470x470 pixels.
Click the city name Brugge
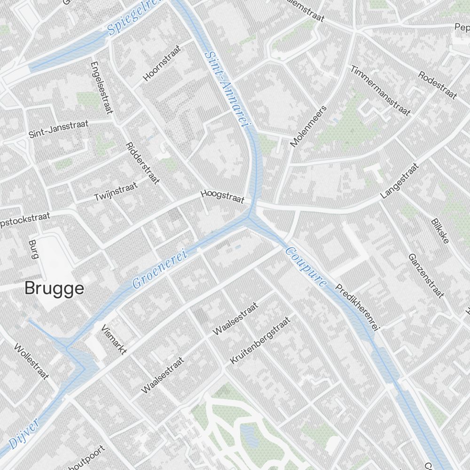(x=54, y=288)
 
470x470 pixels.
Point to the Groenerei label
(x=160, y=269)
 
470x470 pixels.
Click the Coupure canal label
(x=306, y=267)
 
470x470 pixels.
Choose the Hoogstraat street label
(x=222, y=196)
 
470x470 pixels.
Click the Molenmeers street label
(x=308, y=126)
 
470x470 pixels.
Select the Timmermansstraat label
(x=380, y=90)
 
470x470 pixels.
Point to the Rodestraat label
(x=437, y=85)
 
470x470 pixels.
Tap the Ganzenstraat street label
(x=426, y=276)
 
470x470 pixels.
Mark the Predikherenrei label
(x=358, y=308)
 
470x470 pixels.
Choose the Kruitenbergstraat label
(x=260, y=340)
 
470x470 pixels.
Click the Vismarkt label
(x=113, y=338)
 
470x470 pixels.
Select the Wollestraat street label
(x=31, y=361)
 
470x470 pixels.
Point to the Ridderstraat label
(x=143, y=163)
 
